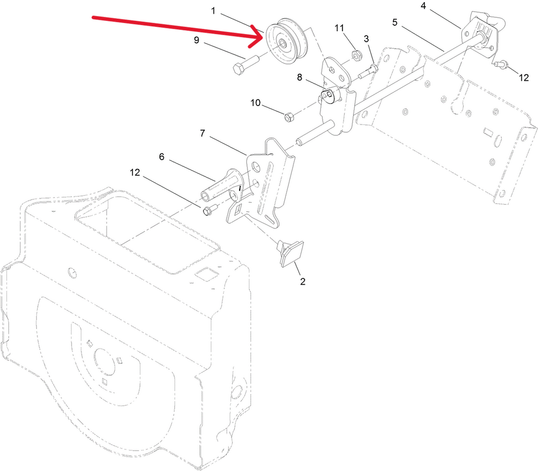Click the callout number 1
[213, 11]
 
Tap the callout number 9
[196, 40]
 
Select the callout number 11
[339, 28]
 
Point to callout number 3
[366, 39]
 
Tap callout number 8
[299, 78]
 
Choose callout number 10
[256, 102]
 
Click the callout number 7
[202, 133]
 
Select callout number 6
[162, 156]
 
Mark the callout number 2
[302, 281]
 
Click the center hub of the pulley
[283, 43]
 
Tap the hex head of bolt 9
[239, 69]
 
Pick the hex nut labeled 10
[288, 117]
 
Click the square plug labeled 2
[291, 253]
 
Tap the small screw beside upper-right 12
[498, 63]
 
